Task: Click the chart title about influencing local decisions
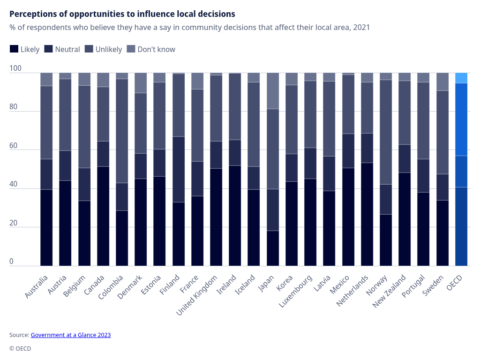tap(122, 14)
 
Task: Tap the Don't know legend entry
tap(151, 49)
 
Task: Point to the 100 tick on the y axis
tap(15, 68)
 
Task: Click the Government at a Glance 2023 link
tap(71, 335)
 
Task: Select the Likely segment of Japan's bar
tap(273, 248)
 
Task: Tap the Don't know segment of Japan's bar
tap(273, 91)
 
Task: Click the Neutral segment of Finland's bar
tap(179, 169)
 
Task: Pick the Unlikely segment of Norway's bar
tap(386, 132)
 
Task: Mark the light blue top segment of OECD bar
tap(461, 78)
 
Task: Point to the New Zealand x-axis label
tap(390, 292)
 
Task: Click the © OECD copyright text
tap(20, 349)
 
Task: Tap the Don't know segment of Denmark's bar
tap(141, 83)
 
